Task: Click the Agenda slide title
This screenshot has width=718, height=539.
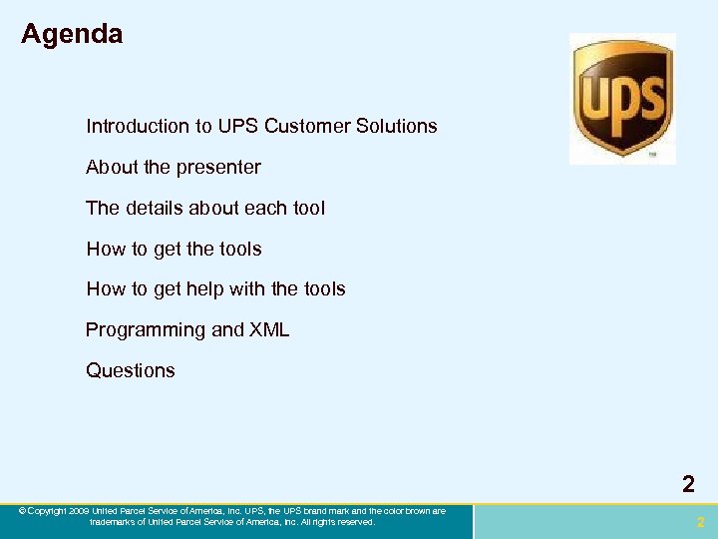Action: coord(72,34)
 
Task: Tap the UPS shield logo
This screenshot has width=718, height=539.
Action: coord(622,98)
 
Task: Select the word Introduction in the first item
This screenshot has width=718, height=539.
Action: coord(137,127)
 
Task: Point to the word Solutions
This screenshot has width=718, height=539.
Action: coord(400,127)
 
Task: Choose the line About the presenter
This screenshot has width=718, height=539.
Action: coord(174,168)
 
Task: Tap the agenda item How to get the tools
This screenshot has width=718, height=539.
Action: coord(174,250)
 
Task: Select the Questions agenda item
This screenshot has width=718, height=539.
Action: coord(131,370)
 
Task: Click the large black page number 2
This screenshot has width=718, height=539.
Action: coord(688,485)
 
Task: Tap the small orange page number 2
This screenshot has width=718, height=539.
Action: coord(700,522)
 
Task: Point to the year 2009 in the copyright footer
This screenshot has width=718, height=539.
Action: coord(79,511)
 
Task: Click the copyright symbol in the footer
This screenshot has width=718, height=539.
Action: coord(22,511)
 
